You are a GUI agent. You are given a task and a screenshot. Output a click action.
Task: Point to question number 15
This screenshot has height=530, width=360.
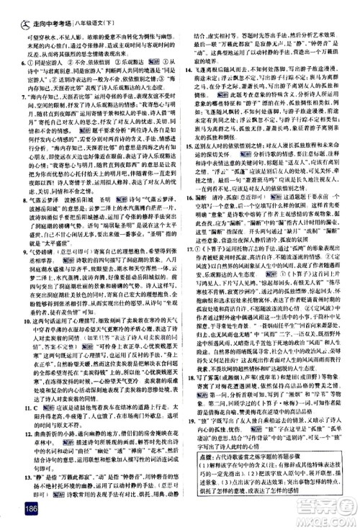187,166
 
